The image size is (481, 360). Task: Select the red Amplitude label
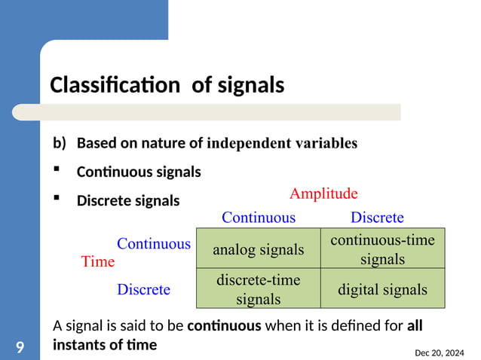[x=323, y=194]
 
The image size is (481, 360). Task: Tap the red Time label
[x=98, y=261]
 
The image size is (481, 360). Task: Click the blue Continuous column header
[x=259, y=218]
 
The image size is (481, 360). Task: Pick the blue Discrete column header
[x=377, y=218]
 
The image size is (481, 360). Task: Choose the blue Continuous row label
[x=154, y=244]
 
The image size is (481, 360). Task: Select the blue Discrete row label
[x=143, y=289]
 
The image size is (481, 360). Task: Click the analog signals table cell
[x=259, y=249]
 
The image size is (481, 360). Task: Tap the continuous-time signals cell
[x=382, y=249]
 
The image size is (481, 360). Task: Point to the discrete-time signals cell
[x=259, y=289]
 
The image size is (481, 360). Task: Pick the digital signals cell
[x=382, y=289]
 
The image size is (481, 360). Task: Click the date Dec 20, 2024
[x=440, y=352]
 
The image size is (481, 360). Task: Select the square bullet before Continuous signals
[x=57, y=170]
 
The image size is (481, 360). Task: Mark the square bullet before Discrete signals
[x=57, y=199]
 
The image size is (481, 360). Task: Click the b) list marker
[x=60, y=142]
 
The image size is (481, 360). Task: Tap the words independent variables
[x=282, y=142]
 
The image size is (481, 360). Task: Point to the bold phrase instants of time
[x=105, y=345]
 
